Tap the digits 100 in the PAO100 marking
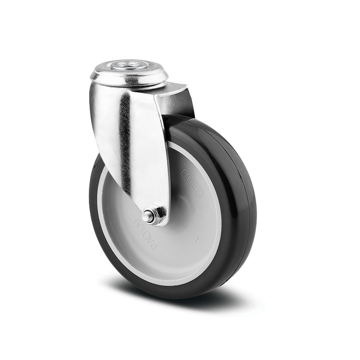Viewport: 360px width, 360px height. (139, 227)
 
